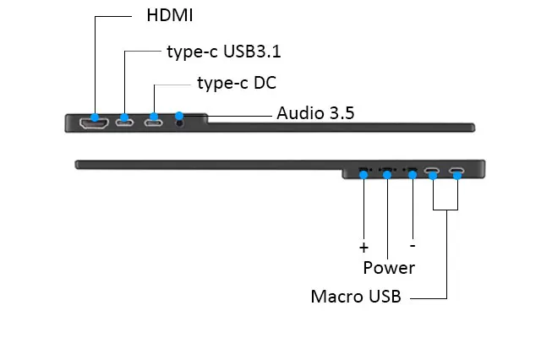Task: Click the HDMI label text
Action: tap(169, 15)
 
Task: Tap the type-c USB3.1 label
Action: tap(224, 52)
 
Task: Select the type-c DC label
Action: tap(237, 83)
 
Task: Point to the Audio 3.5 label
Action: tap(315, 113)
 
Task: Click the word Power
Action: tap(389, 268)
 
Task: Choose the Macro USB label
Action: tap(356, 297)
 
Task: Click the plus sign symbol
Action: tap(363, 248)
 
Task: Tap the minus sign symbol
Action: tap(413, 246)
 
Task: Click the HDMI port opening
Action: tap(94, 123)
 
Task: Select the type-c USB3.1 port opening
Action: tap(124, 123)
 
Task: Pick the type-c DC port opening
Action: tap(153, 123)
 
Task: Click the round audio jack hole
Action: tap(179, 123)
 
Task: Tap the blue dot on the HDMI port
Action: tap(95, 117)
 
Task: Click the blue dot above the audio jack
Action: tap(179, 116)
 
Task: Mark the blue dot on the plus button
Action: tap(363, 175)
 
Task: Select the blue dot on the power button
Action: tap(387, 175)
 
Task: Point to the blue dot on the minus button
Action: tap(413, 175)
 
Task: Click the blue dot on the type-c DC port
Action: tap(154, 117)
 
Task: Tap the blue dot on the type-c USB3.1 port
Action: tap(124, 117)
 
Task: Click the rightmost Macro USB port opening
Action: tap(456, 170)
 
